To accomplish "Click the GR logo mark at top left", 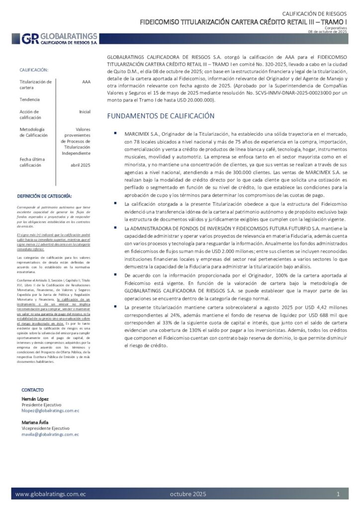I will coord(29,39).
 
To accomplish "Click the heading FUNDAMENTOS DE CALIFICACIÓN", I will coord(168,116).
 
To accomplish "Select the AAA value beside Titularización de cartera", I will coord(86,82).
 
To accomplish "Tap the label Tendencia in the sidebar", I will coord(30,99).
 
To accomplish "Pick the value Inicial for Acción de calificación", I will coord(85,112).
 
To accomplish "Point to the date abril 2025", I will coord(81,165).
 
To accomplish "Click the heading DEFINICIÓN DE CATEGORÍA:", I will coord(44,196).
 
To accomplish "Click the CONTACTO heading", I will coord(33,390).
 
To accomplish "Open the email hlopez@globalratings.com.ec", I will coord(50,411).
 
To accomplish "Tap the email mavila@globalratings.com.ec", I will coord(50,434).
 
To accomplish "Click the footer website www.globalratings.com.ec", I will coord(51,494).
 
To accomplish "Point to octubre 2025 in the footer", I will coord(187,494).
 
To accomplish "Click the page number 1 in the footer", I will coord(338,494).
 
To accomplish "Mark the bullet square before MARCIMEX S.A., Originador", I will coord(115,133).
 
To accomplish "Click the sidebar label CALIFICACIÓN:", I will coord(34,70).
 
